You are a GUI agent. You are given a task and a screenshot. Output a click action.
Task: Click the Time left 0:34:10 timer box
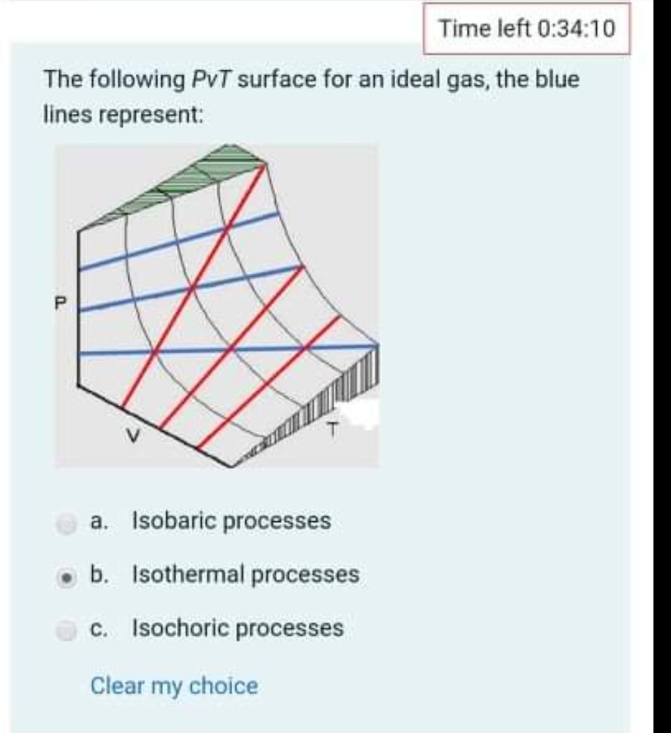(526, 29)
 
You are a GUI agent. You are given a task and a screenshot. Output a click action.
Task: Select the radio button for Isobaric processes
(65, 521)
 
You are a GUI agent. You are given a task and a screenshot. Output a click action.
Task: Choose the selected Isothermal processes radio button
(65, 575)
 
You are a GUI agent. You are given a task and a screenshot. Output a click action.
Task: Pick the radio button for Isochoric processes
(65, 629)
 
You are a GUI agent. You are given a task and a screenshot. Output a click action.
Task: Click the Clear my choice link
(174, 686)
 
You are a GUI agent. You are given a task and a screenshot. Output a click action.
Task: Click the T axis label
(333, 429)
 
